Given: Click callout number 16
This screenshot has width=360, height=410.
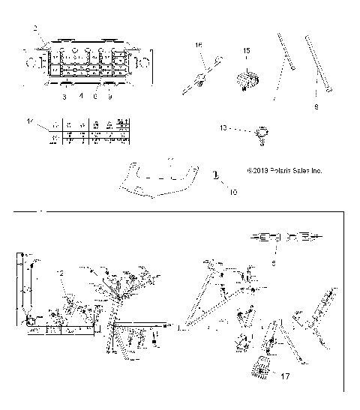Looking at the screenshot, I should coord(199,46).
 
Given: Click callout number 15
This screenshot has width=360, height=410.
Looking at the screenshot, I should coord(245,50).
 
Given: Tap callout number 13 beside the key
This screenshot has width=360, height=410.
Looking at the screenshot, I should coord(223,128).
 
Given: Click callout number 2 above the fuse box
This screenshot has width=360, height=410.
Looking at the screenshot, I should coord(34,28).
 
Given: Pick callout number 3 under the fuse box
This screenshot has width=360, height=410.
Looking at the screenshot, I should coord(64,97).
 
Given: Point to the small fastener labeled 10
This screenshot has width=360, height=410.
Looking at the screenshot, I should coord(216,177).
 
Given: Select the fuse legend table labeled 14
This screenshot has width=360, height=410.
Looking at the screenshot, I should coord(88,132).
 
